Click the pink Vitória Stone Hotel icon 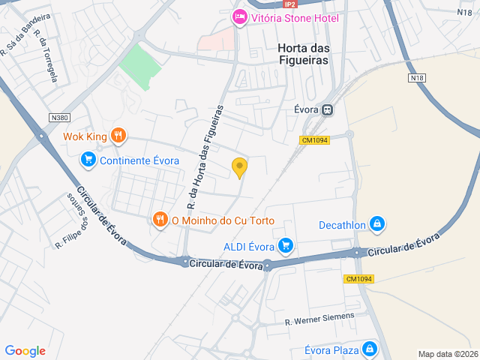coord(239,17)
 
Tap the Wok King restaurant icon coord(118,136)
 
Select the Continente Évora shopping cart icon coord(88,160)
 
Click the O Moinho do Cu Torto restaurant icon coord(160,220)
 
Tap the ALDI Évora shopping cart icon coord(285,245)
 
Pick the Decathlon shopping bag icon coord(377,224)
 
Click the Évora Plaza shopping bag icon coord(370,349)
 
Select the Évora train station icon coord(327,110)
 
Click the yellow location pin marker coord(239,167)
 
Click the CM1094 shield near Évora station coord(315,140)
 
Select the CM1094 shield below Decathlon coord(359,279)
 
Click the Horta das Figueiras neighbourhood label coord(303,53)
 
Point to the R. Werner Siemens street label coord(319,319)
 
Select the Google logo coord(25,351)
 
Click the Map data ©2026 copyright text coord(447,355)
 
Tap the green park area coord(140,69)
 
